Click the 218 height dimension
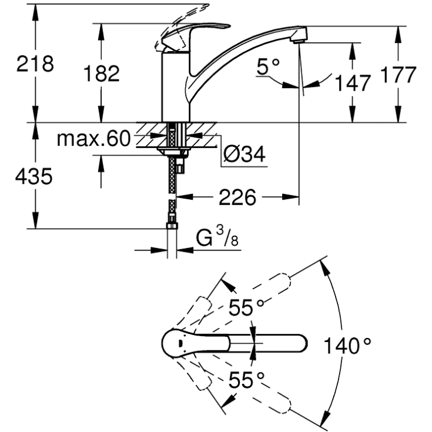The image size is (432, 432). pos(34,63)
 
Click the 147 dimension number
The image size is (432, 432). pos(353,83)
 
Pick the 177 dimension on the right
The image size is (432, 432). pos(397,75)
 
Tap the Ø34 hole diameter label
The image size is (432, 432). pos(244,155)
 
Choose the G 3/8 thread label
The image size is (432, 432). pos(218,237)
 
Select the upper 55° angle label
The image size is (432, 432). pos(247,307)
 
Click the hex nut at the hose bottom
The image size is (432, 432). pos(172,226)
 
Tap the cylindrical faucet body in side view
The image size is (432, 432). pos(175,88)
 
